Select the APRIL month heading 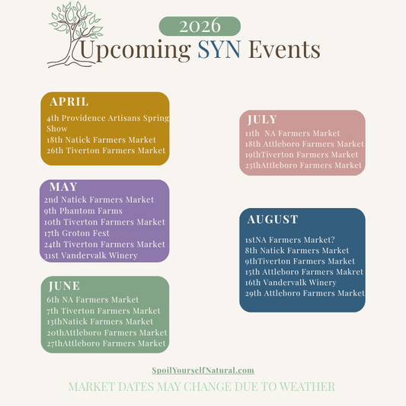click(x=69, y=101)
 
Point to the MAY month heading click(x=63, y=187)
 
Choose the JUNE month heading click(x=64, y=286)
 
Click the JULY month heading click(x=262, y=120)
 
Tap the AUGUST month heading click(x=273, y=219)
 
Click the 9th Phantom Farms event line click(x=83, y=211)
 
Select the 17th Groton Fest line click(x=78, y=233)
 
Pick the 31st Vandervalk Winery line click(x=91, y=255)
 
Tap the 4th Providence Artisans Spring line click(x=107, y=118)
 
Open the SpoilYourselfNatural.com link click(x=203, y=370)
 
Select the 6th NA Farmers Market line click(x=93, y=299)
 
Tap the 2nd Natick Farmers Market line click(x=100, y=200)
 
